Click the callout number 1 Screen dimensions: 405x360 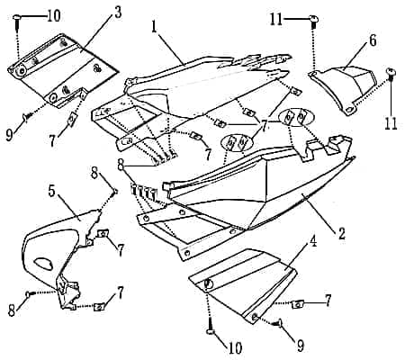click(x=154, y=27)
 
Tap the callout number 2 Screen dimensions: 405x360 click(x=341, y=233)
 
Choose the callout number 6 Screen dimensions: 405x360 click(x=373, y=40)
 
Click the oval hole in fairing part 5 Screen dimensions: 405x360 click(x=44, y=263)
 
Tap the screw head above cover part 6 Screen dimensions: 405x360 click(x=313, y=19)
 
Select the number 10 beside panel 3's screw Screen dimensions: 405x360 click(x=53, y=15)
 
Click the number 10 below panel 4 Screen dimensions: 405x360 click(x=235, y=348)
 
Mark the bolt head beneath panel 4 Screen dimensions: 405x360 click(x=211, y=331)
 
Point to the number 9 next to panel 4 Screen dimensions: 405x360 click(x=300, y=345)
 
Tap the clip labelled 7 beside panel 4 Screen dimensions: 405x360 click(x=298, y=304)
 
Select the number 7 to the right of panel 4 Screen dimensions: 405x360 click(x=328, y=301)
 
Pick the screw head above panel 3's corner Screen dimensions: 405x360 click(x=16, y=17)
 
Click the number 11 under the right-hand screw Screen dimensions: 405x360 click(x=391, y=122)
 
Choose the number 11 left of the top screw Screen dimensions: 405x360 click(x=276, y=20)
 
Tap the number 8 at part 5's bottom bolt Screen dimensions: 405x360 click(x=12, y=310)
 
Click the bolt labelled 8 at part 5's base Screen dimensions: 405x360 click(x=28, y=294)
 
